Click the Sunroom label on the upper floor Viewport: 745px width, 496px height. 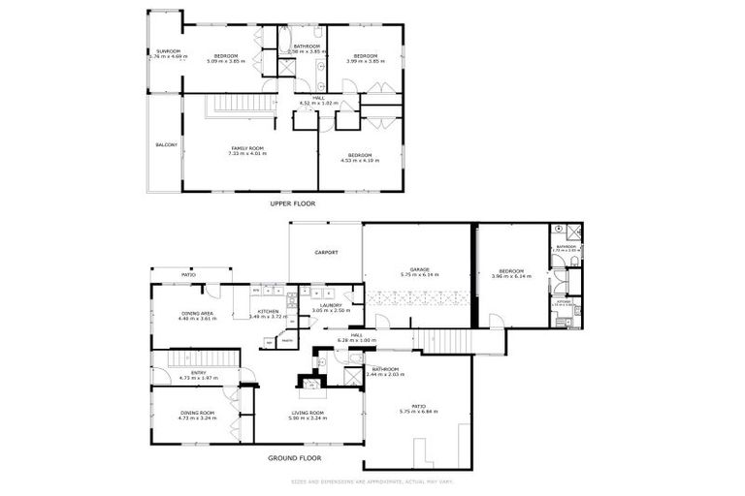pos(157,50)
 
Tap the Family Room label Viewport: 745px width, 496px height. pos(246,148)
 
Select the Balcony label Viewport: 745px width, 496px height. pos(167,145)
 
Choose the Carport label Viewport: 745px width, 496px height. pos(326,253)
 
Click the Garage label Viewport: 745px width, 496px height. pos(419,269)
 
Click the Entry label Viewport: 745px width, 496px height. pos(198,372)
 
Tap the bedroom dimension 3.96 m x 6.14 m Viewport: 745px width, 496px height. pos(511,276)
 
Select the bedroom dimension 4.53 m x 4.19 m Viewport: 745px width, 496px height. pos(359,161)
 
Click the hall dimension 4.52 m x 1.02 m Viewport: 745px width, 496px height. pos(318,102)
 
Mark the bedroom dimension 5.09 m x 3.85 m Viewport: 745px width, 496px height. pos(227,61)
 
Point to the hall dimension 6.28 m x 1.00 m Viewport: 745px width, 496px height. pos(356,340)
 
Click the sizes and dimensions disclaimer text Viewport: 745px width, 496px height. pos(372,481)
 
